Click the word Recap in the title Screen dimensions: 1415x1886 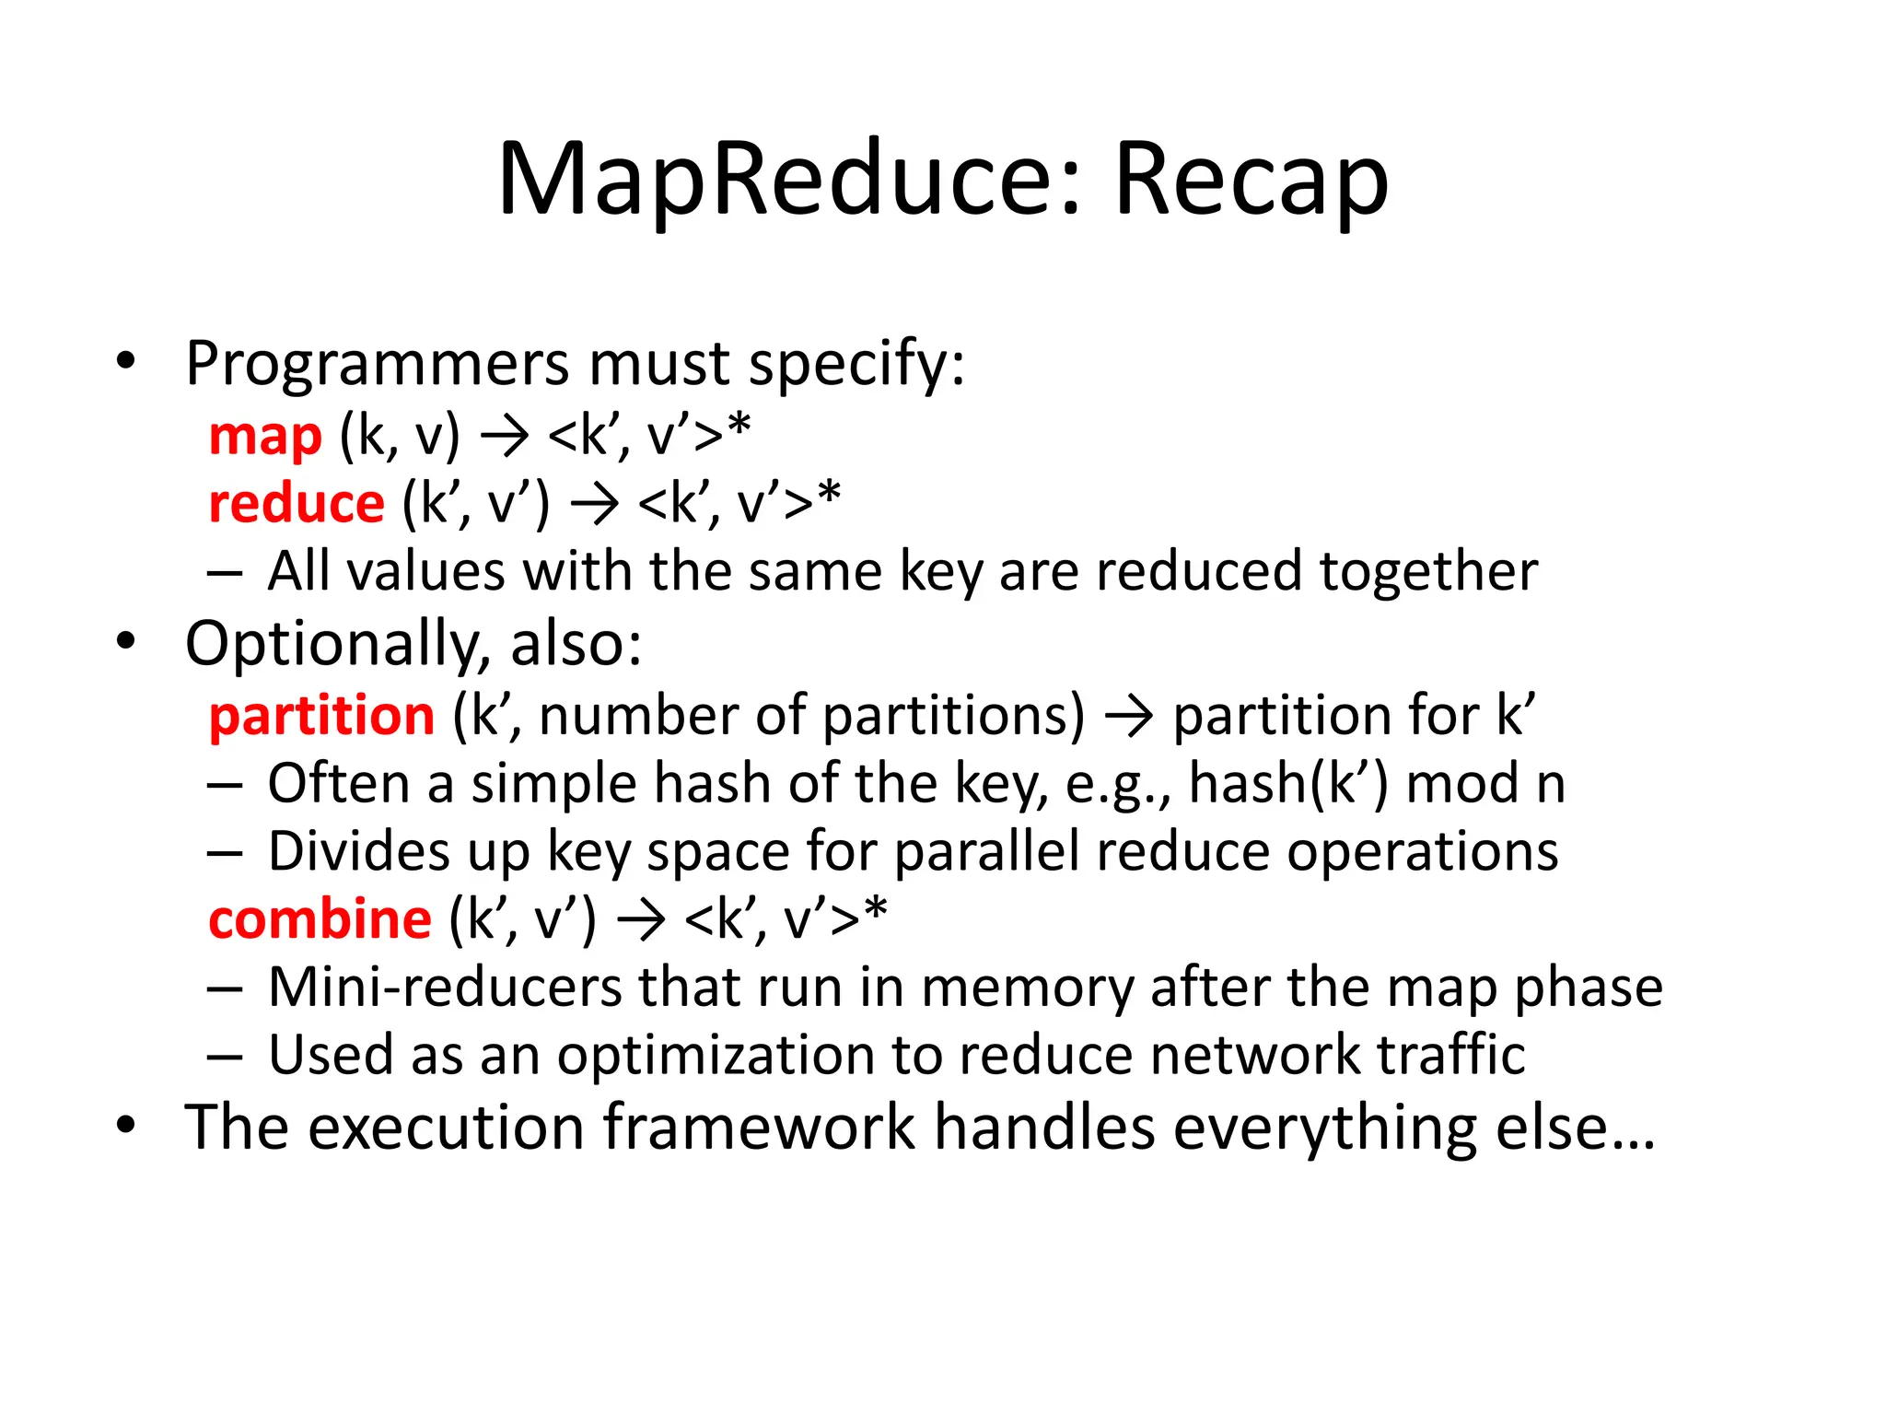point(1251,180)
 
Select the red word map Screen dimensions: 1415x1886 point(265,436)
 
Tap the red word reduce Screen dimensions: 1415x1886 point(297,504)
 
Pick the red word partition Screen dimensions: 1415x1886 point(321,716)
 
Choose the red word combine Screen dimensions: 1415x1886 point(320,919)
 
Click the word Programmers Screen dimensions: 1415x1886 point(377,365)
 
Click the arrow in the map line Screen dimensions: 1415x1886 point(505,436)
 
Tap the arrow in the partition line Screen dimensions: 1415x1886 point(1129,717)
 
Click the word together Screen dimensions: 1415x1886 point(1428,572)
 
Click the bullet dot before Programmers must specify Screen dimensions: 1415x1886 point(126,361)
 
